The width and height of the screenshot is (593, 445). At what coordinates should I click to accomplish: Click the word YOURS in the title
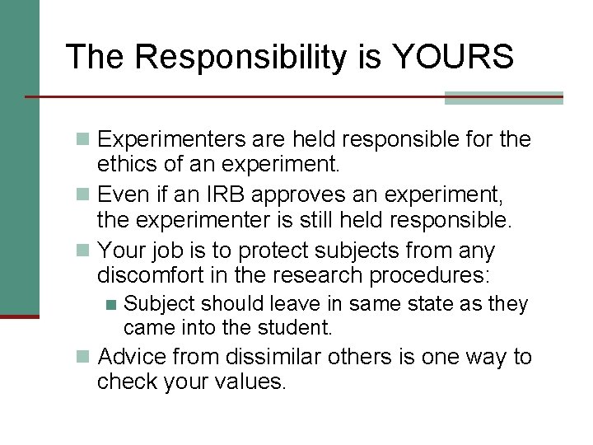point(454,57)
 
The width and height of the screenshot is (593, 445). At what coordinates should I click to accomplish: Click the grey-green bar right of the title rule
point(503,97)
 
